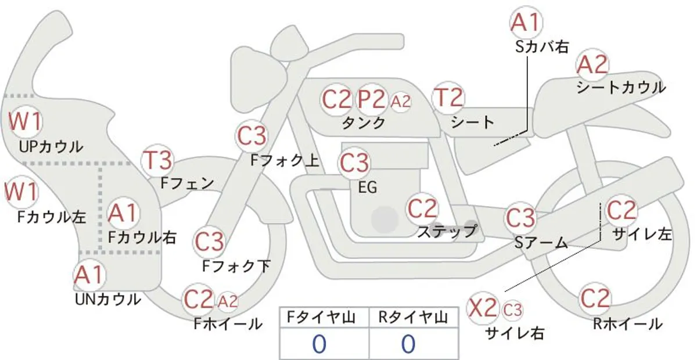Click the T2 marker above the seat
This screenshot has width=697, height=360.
click(x=448, y=98)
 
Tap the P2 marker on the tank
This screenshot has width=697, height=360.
click(x=371, y=99)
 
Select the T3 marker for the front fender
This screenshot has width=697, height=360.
click(x=157, y=161)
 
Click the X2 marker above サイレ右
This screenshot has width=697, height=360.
click(x=483, y=308)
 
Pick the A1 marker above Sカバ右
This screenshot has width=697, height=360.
click(x=526, y=23)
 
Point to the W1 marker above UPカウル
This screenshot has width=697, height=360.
click(x=26, y=121)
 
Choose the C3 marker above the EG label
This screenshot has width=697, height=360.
click(x=354, y=163)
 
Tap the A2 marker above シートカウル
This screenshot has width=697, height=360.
click(x=592, y=64)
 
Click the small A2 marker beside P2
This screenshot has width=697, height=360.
click(x=400, y=102)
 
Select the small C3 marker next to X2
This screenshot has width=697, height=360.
click(x=512, y=310)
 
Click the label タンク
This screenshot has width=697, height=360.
click(x=364, y=123)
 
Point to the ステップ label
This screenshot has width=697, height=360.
click(x=447, y=232)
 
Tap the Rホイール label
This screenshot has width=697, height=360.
click(x=628, y=324)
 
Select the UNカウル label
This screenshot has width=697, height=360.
click(x=108, y=300)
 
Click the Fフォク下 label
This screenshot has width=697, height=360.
click(x=236, y=267)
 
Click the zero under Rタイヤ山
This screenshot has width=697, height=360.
click(x=408, y=344)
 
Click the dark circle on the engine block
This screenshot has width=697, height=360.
click(x=385, y=219)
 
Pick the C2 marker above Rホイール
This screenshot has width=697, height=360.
click(x=595, y=298)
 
